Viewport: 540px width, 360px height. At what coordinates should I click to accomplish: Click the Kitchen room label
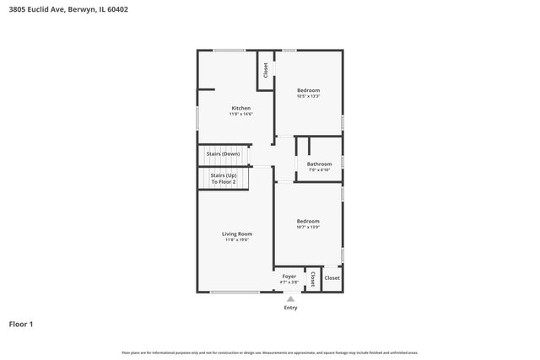241,108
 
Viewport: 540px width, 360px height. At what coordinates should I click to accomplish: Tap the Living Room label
237,234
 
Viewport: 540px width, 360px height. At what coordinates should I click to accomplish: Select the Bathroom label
319,164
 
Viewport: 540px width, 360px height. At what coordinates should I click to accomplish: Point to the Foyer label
289,276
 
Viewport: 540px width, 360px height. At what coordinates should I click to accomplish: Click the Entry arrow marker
290,298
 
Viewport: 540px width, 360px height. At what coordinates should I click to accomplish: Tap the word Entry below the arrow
290,308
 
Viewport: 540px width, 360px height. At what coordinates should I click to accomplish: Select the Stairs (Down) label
224,154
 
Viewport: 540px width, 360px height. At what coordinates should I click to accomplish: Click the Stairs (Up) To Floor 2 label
224,179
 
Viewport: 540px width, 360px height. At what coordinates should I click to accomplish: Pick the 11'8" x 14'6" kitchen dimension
241,114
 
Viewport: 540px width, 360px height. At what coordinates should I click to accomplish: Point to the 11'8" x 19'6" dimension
237,240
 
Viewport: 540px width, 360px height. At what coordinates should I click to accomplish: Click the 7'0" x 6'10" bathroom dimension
319,170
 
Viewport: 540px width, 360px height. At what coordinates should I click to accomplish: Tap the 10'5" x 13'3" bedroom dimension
308,96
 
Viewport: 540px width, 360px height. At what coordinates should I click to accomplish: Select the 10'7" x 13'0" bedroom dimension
308,228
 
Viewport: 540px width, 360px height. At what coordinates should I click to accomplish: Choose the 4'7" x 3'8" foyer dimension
289,282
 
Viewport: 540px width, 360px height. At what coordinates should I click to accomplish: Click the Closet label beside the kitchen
265,71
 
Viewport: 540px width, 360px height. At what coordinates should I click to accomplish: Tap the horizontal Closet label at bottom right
332,277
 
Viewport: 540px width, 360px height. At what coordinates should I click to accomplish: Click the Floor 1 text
21,324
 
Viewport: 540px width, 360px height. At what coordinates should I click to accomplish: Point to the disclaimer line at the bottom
270,352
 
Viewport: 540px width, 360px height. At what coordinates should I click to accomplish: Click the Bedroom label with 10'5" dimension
308,89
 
